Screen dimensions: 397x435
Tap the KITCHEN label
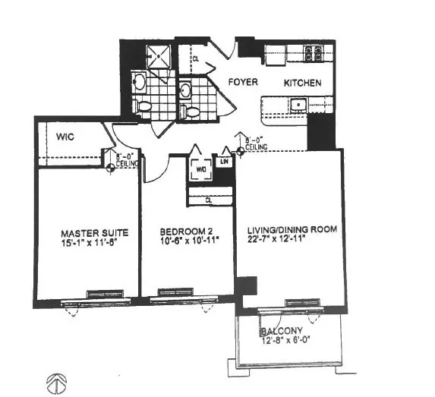click(x=302, y=83)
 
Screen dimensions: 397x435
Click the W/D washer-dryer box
click(x=200, y=170)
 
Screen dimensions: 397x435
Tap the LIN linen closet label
click(x=224, y=162)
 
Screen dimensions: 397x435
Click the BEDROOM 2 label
click(x=184, y=233)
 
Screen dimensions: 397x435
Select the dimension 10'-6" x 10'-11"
click(x=184, y=244)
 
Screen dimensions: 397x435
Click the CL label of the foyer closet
click(x=195, y=57)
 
